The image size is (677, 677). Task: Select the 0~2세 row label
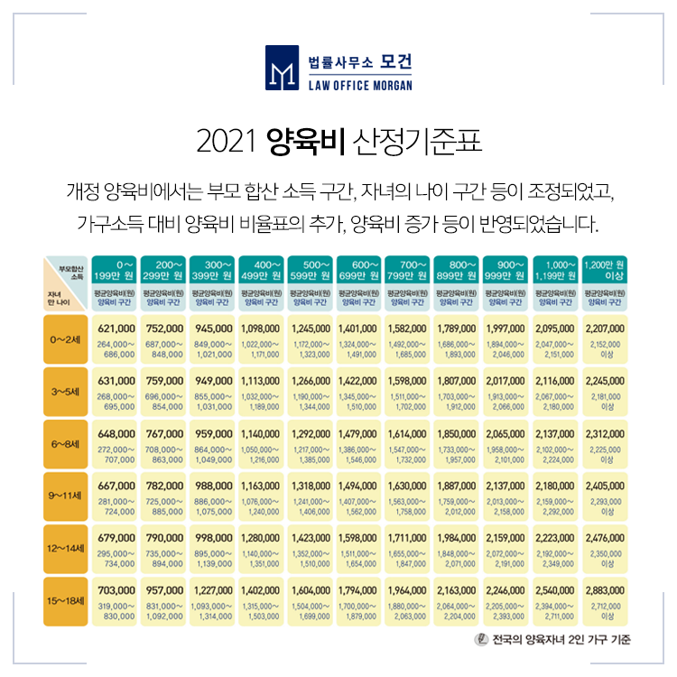pos(66,342)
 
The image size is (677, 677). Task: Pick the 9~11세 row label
pos(66,496)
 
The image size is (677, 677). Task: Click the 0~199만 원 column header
pos(116,268)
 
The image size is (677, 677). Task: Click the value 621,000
pos(116,329)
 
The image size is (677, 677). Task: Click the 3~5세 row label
pos(66,393)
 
